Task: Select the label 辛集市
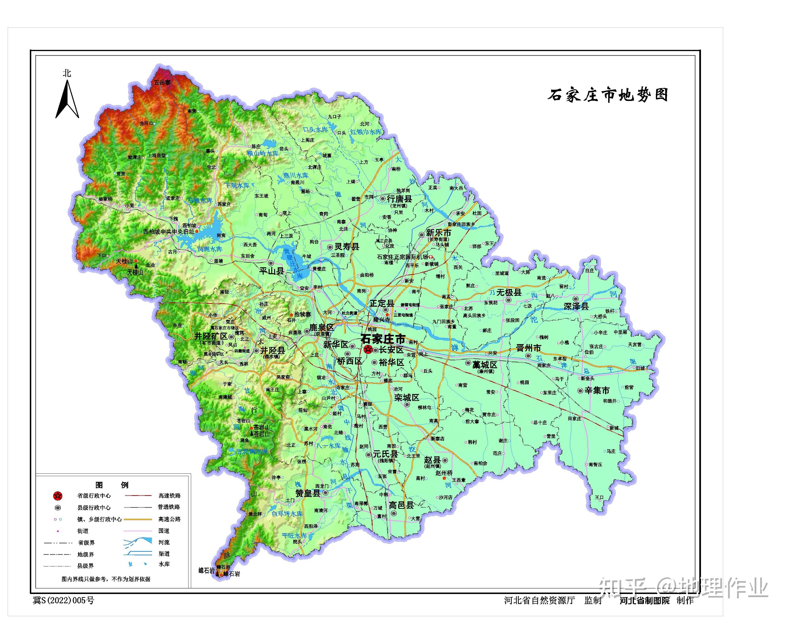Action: (597, 391)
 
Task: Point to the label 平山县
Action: (272, 271)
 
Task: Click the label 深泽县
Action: (576, 306)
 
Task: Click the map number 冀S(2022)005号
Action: (63, 600)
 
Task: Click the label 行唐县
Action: (399, 199)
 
